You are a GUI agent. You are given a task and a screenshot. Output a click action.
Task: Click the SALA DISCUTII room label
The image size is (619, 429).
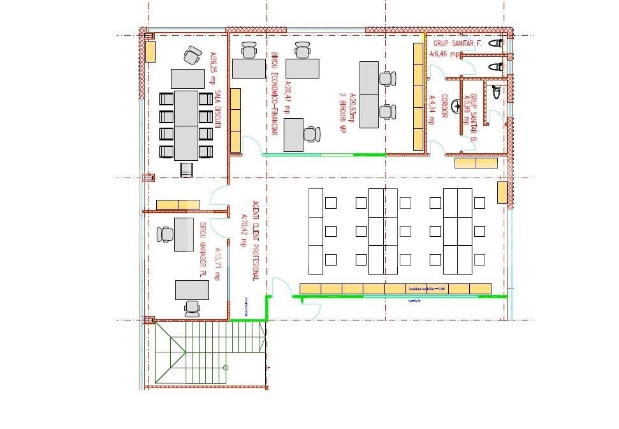217,111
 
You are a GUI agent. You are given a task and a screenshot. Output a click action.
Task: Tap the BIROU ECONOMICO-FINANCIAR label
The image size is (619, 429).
275,93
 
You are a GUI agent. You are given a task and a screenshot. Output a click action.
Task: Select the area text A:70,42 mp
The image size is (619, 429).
243,230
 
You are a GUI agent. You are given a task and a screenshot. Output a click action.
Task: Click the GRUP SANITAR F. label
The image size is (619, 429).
458,43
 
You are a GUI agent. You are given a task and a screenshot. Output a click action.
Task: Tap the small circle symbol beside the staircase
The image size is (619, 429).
226,368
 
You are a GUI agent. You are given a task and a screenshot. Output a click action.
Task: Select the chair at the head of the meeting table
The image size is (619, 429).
187,169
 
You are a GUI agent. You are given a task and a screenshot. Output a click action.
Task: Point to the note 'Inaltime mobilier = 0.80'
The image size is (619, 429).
426,289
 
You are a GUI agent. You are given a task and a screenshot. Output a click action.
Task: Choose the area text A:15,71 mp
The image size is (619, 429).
217,264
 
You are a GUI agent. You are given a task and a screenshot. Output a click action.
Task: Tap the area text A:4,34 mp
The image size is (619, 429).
432,110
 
